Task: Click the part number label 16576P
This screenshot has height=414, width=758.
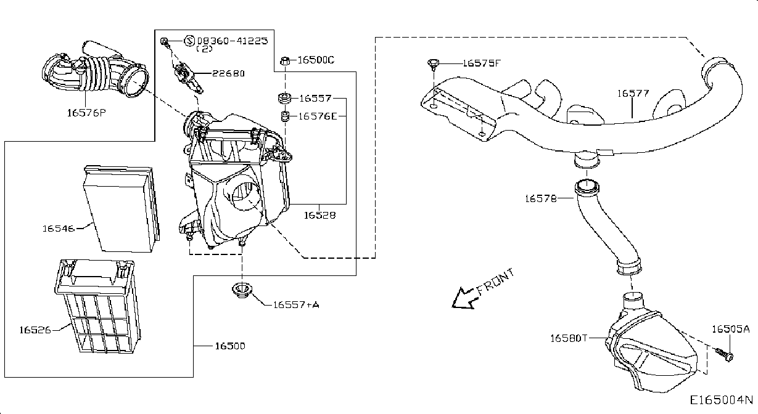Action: click(x=86, y=113)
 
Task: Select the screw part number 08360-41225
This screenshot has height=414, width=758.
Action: click(x=232, y=41)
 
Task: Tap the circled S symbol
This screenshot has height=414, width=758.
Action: click(x=189, y=41)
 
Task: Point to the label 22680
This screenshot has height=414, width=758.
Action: click(x=228, y=73)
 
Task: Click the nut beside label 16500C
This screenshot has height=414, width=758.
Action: click(x=285, y=61)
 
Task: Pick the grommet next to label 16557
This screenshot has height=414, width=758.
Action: click(x=284, y=98)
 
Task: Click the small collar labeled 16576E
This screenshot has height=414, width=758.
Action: click(x=285, y=116)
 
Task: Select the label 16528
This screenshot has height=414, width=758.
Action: click(x=319, y=215)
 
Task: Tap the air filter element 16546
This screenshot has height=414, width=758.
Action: click(x=122, y=208)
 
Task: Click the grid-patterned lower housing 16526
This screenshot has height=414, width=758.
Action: click(x=97, y=307)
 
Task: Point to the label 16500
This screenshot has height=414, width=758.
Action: click(x=230, y=346)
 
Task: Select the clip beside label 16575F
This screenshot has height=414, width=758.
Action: click(x=434, y=64)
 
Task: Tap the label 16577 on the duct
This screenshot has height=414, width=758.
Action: click(x=633, y=93)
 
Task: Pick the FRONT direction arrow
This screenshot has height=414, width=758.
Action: click(x=464, y=298)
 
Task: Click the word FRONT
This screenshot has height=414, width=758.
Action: click(x=496, y=280)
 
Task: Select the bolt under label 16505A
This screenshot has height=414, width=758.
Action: click(x=725, y=354)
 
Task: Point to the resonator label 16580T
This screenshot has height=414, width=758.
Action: click(x=569, y=338)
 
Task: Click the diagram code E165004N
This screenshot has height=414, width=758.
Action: click(x=722, y=400)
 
